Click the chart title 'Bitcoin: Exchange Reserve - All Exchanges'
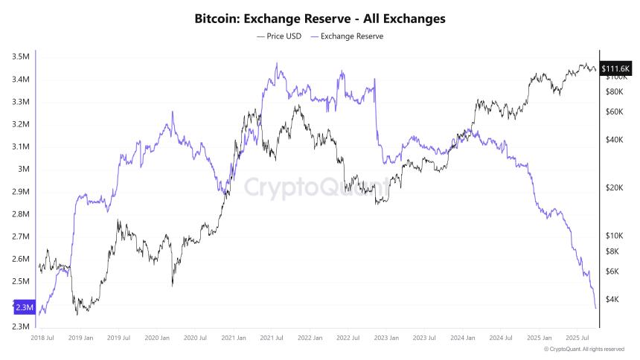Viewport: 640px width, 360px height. (320, 18)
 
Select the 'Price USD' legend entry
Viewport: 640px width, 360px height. (280, 36)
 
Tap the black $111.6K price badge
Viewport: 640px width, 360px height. (615, 69)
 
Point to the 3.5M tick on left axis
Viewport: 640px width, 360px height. (21, 57)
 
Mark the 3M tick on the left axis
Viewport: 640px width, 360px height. (25, 170)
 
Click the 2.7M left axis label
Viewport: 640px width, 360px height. (21, 237)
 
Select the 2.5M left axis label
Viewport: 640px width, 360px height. (21, 282)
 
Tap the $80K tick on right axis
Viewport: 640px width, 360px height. (615, 91)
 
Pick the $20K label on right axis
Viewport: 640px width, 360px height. (615, 187)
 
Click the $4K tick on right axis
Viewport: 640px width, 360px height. (613, 299)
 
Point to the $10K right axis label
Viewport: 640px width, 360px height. (615, 235)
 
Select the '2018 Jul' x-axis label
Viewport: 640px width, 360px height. (42, 338)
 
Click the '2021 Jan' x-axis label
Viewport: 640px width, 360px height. (234, 338)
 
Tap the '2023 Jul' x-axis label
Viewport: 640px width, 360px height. (424, 338)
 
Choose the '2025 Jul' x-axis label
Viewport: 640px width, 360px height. (577, 338)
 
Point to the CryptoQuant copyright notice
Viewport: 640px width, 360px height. (583, 349)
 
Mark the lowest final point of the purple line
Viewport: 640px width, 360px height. (595, 308)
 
